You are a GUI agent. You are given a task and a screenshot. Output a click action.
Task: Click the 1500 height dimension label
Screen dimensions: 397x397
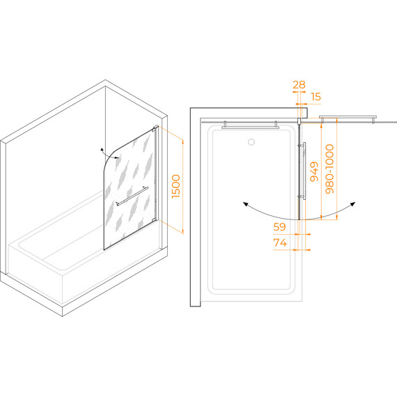click(176, 187)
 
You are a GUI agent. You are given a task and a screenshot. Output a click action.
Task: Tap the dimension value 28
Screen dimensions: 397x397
click(299, 85)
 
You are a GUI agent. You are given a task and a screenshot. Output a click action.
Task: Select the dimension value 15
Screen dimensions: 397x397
click(316, 97)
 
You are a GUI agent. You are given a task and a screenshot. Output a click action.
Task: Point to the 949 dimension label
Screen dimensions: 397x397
click(314, 171)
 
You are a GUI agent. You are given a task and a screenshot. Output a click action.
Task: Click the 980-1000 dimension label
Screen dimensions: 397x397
click(329, 169)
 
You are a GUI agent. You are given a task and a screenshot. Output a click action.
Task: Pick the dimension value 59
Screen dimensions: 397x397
click(279, 227)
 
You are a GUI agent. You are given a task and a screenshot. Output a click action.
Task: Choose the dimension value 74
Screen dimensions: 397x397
click(280, 243)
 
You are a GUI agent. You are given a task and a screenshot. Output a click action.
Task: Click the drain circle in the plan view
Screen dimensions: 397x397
click(251, 142)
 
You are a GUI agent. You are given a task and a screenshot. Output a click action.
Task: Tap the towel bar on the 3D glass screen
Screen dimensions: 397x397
click(132, 196)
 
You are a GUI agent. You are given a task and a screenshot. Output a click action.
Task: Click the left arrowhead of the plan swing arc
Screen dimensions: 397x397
click(245, 204)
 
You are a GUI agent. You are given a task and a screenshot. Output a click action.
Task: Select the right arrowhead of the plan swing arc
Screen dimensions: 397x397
click(353, 204)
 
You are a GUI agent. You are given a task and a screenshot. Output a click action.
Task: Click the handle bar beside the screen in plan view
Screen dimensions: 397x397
click(304, 171)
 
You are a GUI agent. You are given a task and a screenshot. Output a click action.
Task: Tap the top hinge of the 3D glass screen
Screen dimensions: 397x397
click(154, 130)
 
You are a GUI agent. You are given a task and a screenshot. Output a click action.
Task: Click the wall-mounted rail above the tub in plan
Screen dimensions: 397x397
click(251, 127)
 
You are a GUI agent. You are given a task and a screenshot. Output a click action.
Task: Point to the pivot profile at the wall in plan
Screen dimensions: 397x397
click(299, 120)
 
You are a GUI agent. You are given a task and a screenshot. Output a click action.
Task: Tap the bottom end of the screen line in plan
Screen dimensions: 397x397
click(299, 219)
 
